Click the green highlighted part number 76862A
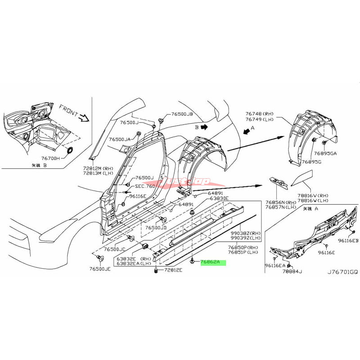pyautogui.click(x=213, y=261)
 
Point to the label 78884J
pyautogui.click(x=292, y=271)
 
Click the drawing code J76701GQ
pyautogui.click(x=342, y=271)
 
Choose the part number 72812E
pyautogui.click(x=173, y=270)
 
